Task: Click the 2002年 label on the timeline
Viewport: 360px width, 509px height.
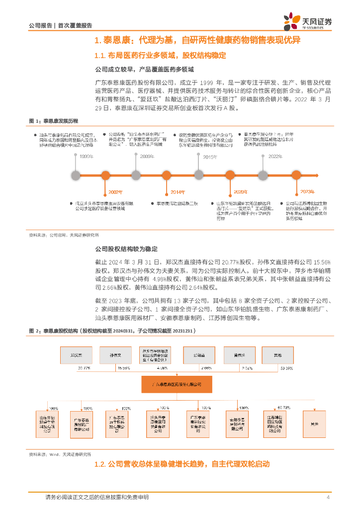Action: tap(115, 191)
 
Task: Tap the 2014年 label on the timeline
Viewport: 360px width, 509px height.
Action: tap(178, 191)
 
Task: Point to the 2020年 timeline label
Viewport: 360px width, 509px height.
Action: tap(240, 191)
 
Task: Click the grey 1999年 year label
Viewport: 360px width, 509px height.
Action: tap(87, 157)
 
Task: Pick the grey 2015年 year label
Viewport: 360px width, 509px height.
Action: tap(210, 157)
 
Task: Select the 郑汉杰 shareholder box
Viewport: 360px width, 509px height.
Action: tap(76, 355)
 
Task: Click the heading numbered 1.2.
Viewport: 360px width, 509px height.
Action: tap(181, 464)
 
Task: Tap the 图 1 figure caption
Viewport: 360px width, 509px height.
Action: tap(53, 121)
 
